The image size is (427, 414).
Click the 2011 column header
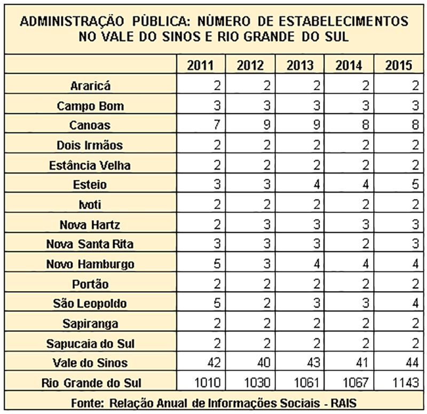tap(201, 65)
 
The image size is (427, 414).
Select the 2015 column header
tap(399, 65)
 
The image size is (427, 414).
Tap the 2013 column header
tap(300, 65)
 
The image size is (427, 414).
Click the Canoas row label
tap(90, 126)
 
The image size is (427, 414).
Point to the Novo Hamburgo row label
tap(90, 264)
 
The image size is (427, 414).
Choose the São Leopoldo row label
tap(90, 303)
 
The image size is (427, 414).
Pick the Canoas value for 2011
tap(217, 125)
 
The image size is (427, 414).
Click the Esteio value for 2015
tap(415, 184)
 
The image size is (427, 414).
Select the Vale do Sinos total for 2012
tap(263, 363)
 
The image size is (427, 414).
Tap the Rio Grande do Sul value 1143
tap(406, 382)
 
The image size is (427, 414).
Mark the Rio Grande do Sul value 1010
tap(207, 382)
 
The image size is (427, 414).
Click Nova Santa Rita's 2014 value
tap(366, 244)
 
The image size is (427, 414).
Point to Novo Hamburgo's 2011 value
tap(217, 263)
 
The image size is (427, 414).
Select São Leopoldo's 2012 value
tap(267, 303)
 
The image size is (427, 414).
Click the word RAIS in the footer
tap(343, 403)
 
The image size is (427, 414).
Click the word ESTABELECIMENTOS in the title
tap(344, 21)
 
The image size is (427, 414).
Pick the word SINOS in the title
tap(181, 36)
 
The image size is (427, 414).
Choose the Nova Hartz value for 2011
tap(217, 224)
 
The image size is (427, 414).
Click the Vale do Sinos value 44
tap(412, 363)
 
